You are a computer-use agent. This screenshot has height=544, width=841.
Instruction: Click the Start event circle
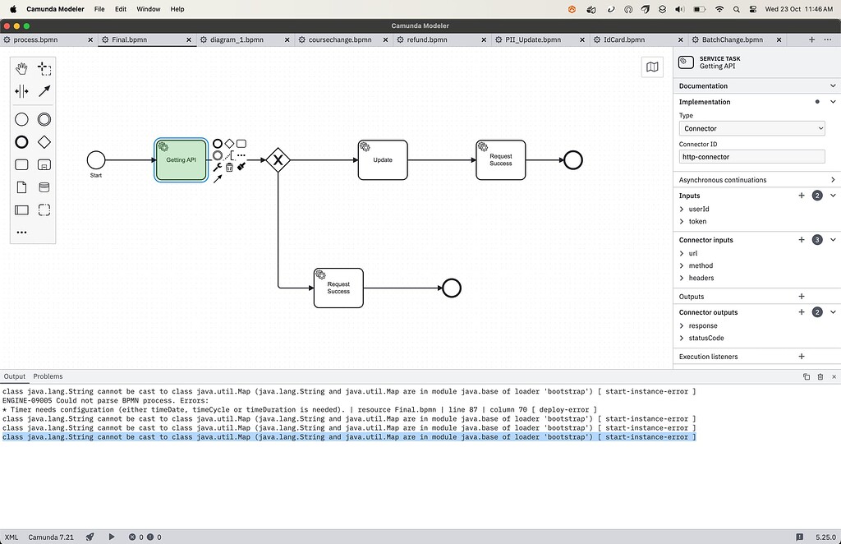point(96,159)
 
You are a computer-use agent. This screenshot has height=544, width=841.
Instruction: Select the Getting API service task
point(181,159)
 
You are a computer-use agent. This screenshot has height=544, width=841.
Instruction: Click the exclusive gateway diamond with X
point(278,159)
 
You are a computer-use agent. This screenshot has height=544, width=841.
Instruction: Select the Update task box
point(383,159)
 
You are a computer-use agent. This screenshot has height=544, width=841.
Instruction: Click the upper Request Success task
point(500,159)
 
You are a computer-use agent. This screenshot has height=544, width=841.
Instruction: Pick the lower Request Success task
point(338,288)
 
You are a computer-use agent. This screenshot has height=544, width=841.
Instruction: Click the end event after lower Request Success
point(451,288)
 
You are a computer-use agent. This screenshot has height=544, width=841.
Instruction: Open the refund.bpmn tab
point(427,39)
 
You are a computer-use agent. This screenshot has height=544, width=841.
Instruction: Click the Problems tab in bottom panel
point(48,376)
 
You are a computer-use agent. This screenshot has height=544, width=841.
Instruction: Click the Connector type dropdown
point(751,128)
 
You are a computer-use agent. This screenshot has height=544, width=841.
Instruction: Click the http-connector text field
point(751,156)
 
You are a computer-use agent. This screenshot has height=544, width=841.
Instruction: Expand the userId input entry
point(682,210)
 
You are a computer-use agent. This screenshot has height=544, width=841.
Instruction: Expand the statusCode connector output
point(682,338)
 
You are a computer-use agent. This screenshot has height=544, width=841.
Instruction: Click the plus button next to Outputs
point(802,297)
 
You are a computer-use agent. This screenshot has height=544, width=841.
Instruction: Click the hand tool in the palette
point(22,69)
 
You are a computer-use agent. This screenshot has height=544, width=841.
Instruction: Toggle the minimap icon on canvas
point(652,67)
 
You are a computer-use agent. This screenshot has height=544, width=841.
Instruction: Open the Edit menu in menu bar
point(121,9)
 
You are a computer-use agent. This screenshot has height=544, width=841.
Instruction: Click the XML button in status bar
point(11,537)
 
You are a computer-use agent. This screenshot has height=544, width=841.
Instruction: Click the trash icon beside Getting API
point(229,167)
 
